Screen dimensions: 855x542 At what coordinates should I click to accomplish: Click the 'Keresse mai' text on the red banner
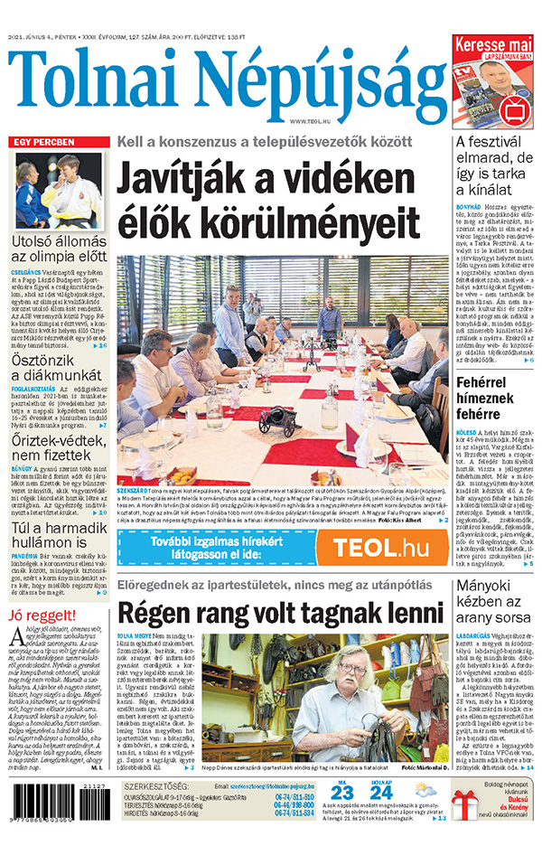(x=493, y=43)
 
